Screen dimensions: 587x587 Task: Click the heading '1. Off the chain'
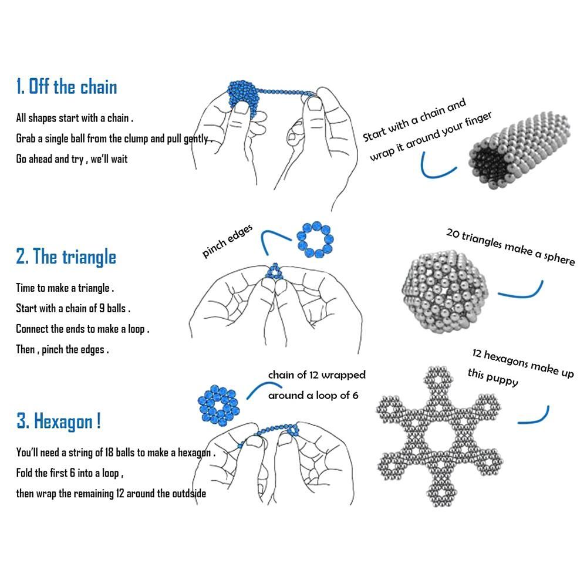click(x=66, y=87)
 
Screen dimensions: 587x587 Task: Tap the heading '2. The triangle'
click(x=66, y=257)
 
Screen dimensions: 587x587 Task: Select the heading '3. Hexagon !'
click(x=59, y=421)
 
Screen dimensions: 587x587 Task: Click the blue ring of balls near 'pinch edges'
click(x=315, y=238)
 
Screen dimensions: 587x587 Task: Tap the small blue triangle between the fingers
click(x=275, y=272)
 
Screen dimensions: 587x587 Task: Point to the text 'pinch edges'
click(x=228, y=241)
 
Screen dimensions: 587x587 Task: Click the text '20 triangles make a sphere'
click(x=510, y=247)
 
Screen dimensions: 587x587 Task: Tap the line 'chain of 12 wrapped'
click(x=316, y=375)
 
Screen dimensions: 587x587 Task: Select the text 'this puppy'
click(x=492, y=377)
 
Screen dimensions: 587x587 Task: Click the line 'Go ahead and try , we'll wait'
click(x=72, y=159)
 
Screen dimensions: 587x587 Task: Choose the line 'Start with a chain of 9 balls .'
click(x=73, y=308)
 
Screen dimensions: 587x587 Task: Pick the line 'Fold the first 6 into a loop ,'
click(x=69, y=473)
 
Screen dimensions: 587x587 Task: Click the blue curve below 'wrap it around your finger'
click(x=437, y=168)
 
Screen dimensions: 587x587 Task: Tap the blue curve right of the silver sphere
click(x=522, y=290)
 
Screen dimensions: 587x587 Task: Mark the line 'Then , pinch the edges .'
click(x=62, y=349)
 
